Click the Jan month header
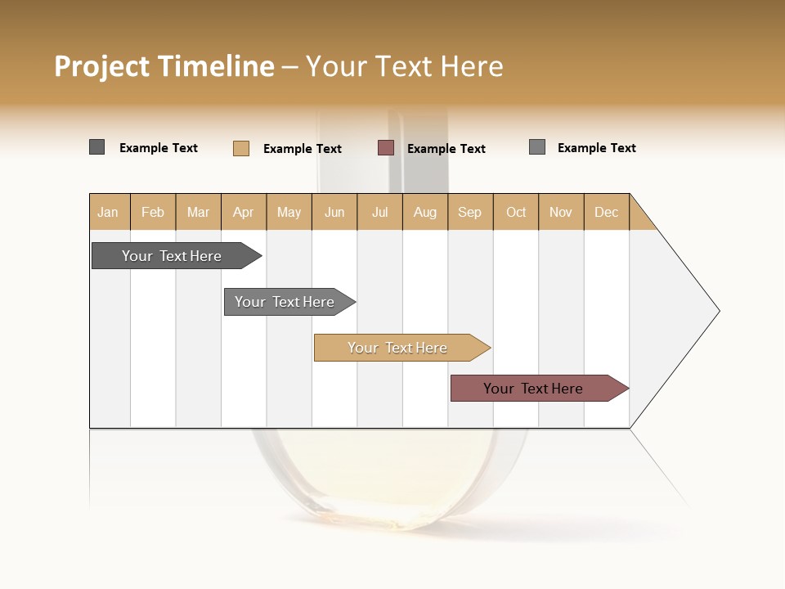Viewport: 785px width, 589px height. (109, 212)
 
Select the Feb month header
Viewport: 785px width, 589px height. (153, 212)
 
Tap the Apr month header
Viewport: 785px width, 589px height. (244, 212)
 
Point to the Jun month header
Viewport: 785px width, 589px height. (334, 212)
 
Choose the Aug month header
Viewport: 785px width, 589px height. (425, 212)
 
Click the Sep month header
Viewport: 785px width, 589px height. (470, 212)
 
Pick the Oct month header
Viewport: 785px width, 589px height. (516, 212)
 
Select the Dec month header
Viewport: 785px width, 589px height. (607, 212)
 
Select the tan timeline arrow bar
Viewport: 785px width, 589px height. (398, 348)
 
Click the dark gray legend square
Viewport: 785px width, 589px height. (97, 147)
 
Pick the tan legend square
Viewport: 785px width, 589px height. (241, 148)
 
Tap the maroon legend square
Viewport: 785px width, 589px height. (386, 148)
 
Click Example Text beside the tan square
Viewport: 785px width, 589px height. (303, 149)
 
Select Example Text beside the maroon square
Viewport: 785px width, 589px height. (446, 149)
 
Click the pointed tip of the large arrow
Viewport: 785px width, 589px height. (717, 311)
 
